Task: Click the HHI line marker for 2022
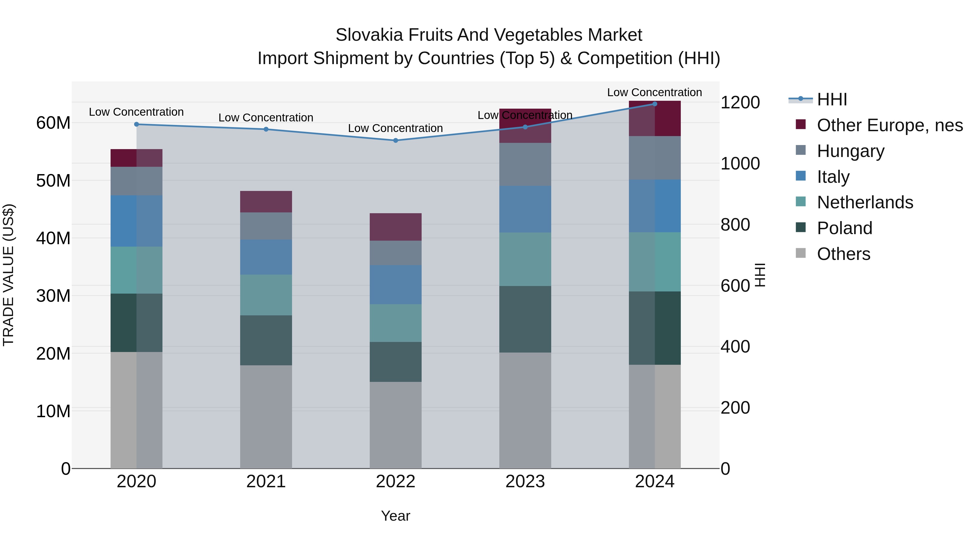coord(395,140)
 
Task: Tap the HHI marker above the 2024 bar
coord(654,104)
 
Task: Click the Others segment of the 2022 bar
coord(395,425)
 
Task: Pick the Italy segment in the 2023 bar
coord(525,209)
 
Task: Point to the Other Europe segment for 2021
coord(266,202)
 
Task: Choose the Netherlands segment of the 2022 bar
coord(395,323)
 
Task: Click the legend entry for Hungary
coord(850,151)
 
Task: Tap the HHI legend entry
coord(832,99)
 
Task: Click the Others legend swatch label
coord(843,254)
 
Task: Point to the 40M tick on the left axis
coord(53,238)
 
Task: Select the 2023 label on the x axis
coord(525,482)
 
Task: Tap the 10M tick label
coord(53,411)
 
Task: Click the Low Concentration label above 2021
coord(266,118)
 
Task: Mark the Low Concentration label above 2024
coord(654,92)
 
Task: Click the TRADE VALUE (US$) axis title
coord(8,275)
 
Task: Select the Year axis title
coord(395,516)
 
